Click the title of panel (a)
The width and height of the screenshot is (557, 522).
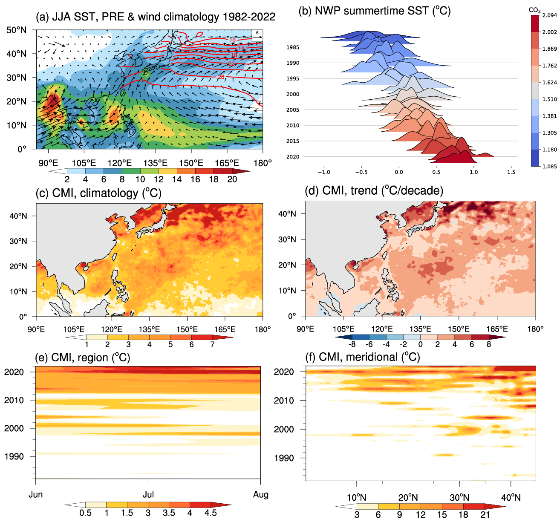(x=156, y=17)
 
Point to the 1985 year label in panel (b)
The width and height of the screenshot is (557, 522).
(x=293, y=47)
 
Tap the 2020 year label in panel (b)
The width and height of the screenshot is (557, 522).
(x=293, y=157)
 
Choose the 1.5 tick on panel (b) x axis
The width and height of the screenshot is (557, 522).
(x=511, y=172)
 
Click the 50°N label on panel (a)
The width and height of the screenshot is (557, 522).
(x=17, y=30)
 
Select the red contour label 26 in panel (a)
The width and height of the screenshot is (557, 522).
(x=221, y=77)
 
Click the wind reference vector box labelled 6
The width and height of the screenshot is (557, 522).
(x=257, y=35)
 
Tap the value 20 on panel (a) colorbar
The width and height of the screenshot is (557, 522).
(x=232, y=179)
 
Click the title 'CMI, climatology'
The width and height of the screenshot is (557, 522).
(x=98, y=193)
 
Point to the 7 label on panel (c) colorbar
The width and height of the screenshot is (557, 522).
(x=212, y=344)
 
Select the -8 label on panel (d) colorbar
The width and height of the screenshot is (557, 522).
(x=352, y=344)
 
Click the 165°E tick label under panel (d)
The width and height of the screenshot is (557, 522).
(x=497, y=329)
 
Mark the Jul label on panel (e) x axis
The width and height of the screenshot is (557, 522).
(x=148, y=495)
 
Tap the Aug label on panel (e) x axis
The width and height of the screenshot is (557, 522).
(x=261, y=495)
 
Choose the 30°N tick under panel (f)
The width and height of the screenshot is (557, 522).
(x=459, y=497)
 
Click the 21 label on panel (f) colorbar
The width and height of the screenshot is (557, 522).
(x=485, y=514)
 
